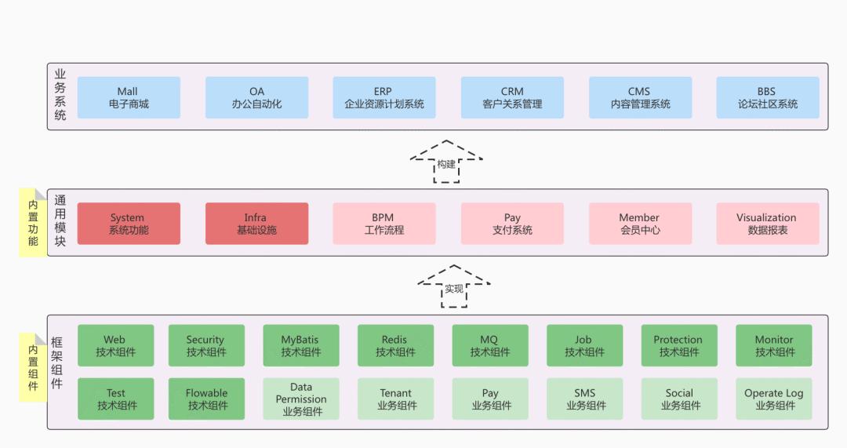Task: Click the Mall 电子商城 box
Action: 129,97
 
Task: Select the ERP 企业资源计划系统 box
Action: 384,97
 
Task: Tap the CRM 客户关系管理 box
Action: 512,97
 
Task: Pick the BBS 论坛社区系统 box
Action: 767,97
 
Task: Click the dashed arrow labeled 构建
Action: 446,162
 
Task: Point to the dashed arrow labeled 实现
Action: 454,287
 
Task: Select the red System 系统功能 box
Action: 129,224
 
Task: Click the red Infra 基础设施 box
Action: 256,224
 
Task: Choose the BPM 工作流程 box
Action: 384,224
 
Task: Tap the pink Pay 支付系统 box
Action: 512,224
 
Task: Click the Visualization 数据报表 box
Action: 767,224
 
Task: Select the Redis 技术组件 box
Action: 395,345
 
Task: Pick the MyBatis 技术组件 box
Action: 300,345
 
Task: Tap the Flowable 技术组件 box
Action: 206,399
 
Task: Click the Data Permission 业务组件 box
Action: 300,399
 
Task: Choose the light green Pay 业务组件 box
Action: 490,399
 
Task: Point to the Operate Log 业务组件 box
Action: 773,399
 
